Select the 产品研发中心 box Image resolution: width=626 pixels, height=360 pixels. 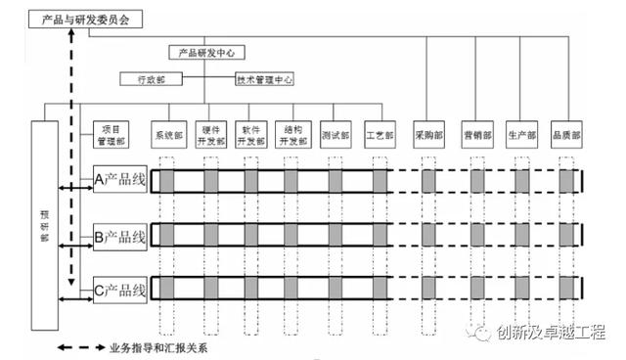click(206, 52)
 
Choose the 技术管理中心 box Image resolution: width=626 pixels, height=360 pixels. click(265, 79)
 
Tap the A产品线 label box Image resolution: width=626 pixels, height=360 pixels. click(120, 179)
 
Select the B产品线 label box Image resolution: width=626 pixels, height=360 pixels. click(120, 236)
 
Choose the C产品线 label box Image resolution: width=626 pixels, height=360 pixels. click(120, 290)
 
